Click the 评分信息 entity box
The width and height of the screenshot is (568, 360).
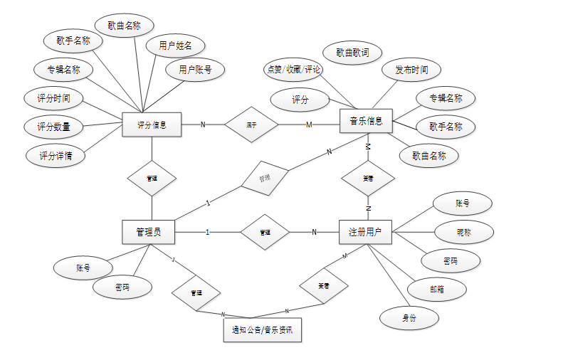152,125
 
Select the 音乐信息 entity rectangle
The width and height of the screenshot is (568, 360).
367,121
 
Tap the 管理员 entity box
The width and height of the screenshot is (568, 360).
148,232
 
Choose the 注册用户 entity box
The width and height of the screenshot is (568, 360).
365,232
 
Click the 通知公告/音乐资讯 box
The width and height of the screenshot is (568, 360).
262,330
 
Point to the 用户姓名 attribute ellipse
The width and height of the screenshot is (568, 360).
175,46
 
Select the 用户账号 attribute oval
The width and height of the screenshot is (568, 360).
195,70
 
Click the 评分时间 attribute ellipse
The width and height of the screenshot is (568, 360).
53,97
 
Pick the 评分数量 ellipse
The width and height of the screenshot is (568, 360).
53,127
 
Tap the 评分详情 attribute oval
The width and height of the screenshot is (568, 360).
55,155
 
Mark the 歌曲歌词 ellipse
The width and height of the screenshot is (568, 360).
352,53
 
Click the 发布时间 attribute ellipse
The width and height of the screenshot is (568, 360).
411,70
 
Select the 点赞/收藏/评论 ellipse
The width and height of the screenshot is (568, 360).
293,69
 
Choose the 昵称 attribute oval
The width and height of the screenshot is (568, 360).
463,232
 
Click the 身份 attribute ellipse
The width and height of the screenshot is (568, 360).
409,317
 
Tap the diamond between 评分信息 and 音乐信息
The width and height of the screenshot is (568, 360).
251,125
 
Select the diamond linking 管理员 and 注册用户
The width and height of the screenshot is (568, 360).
265,232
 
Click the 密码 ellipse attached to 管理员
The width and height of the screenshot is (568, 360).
122,287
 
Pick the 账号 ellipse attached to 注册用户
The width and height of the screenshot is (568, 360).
463,203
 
